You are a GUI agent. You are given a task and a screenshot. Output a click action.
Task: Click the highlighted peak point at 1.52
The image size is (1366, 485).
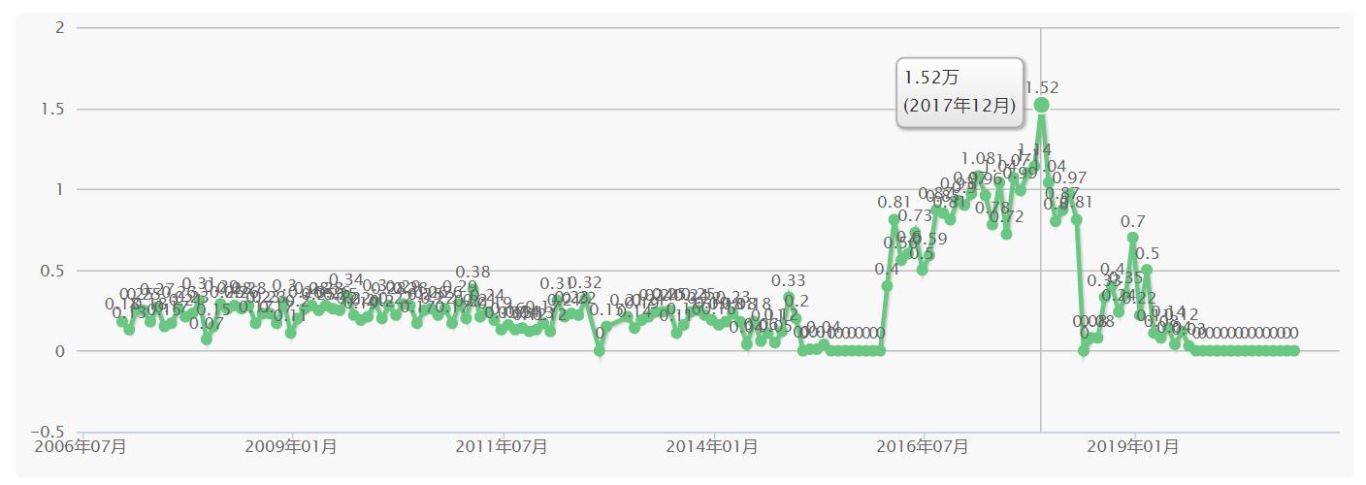(x=1041, y=105)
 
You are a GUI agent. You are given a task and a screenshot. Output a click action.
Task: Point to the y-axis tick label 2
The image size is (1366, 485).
(x=59, y=27)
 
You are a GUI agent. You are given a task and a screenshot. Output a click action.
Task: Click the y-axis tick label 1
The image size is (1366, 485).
(x=59, y=189)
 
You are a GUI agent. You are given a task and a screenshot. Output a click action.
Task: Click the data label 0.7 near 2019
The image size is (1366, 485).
(x=1133, y=220)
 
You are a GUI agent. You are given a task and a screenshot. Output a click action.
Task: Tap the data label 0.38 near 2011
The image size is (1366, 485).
(x=472, y=272)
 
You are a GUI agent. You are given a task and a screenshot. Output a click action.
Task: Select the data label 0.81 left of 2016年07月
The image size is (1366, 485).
(x=894, y=202)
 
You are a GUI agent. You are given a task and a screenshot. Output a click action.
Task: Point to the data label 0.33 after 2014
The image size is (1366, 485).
(x=789, y=281)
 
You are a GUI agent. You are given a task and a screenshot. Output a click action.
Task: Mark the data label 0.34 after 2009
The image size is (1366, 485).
(x=346, y=280)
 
